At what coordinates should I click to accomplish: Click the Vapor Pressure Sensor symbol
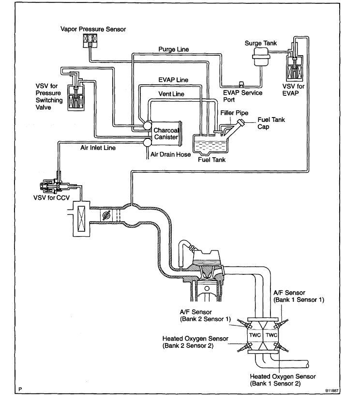90,41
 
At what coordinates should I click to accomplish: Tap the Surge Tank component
261,57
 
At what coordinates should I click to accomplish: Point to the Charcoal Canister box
166,134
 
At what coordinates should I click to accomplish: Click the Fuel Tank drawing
210,144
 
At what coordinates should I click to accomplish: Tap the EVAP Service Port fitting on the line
241,84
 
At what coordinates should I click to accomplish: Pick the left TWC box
255,335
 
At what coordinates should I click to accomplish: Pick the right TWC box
271,335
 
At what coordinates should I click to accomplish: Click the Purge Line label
174,49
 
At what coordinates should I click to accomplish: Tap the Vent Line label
171,94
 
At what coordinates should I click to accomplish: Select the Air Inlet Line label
98,148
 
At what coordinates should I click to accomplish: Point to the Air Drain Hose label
170,154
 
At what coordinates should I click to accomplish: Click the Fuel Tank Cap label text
271,123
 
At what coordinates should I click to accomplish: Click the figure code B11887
332,391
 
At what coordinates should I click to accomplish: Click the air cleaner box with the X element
81,219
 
